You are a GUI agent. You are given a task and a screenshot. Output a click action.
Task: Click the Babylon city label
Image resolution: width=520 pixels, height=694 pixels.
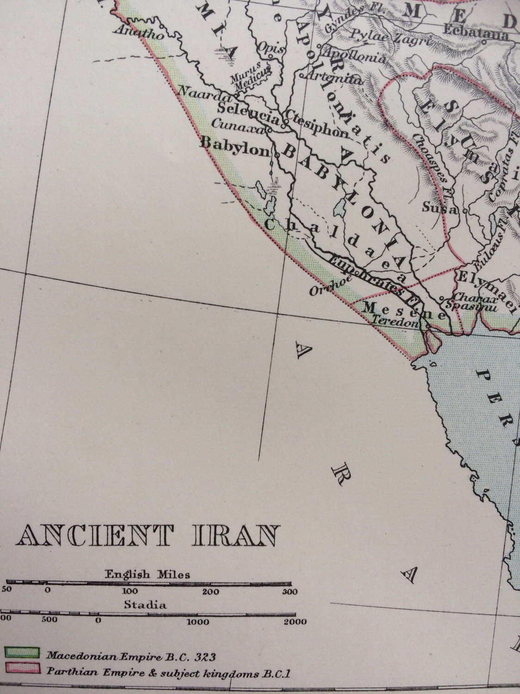234,144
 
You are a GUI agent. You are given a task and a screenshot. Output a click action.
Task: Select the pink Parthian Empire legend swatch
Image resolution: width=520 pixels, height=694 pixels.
22,670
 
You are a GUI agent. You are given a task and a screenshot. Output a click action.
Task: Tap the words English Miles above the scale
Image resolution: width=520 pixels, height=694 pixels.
147,575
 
